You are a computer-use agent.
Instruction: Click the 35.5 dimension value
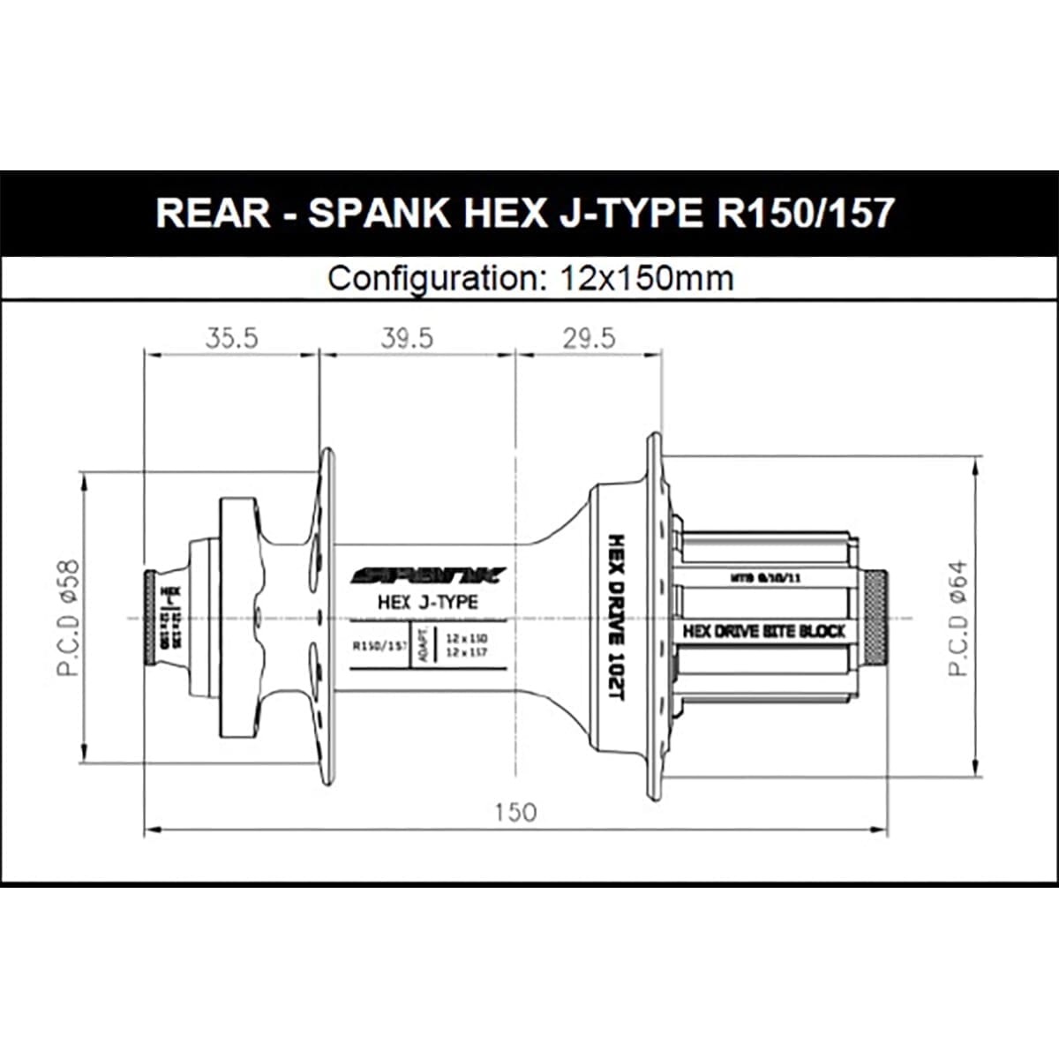[231, 338]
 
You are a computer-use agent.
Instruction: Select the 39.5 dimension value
[407, 338]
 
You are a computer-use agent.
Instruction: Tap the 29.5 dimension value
[589, 338]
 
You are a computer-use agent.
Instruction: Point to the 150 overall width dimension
[514, 811]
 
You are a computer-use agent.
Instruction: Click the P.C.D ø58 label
[69, 617]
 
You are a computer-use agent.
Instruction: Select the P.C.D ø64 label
[958, 618]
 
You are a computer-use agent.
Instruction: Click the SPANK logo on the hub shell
[428, 576]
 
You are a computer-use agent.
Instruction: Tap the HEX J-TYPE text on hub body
[427, 602]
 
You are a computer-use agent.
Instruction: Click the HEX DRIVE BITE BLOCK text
[764, 631]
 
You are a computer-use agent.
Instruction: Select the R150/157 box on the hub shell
[379, 645]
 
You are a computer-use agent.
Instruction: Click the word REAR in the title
[213, 214]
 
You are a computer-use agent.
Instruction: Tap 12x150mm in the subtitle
[647, 279]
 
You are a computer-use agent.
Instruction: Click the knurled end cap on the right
[876, 617]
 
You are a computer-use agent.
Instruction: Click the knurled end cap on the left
[150, 617]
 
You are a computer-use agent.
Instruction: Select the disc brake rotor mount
[238, 617]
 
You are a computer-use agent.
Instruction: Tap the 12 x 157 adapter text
[467, 652]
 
